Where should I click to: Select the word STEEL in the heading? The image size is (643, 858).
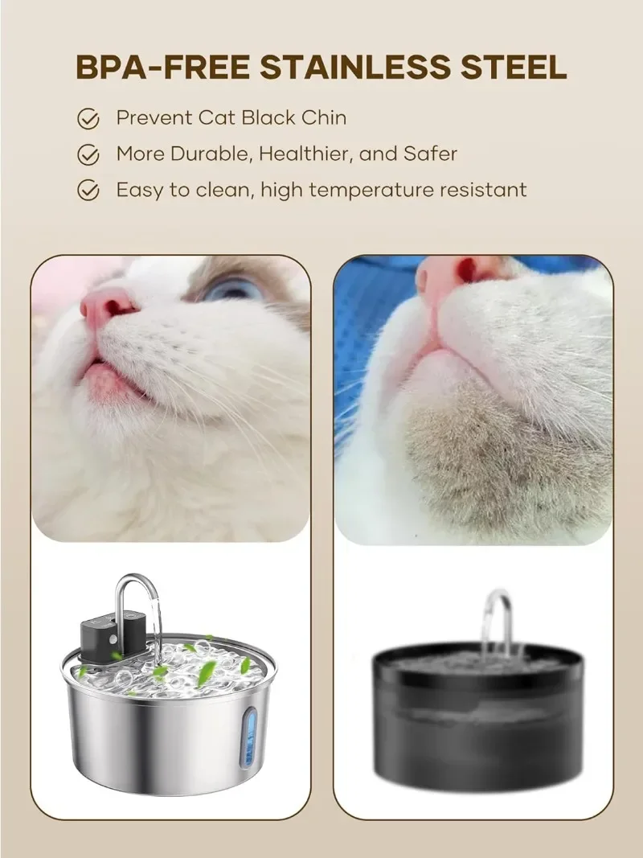[x=514, y=68]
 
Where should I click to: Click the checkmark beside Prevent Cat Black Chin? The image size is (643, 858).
[x=88, y=119]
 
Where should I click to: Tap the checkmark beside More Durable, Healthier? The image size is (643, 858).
[x=88, y=154]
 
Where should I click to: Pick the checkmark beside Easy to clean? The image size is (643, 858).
[x=88, y=191]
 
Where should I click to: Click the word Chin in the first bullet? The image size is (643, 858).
[x=324, y=117]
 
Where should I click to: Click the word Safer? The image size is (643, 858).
[x=432, y=154]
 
